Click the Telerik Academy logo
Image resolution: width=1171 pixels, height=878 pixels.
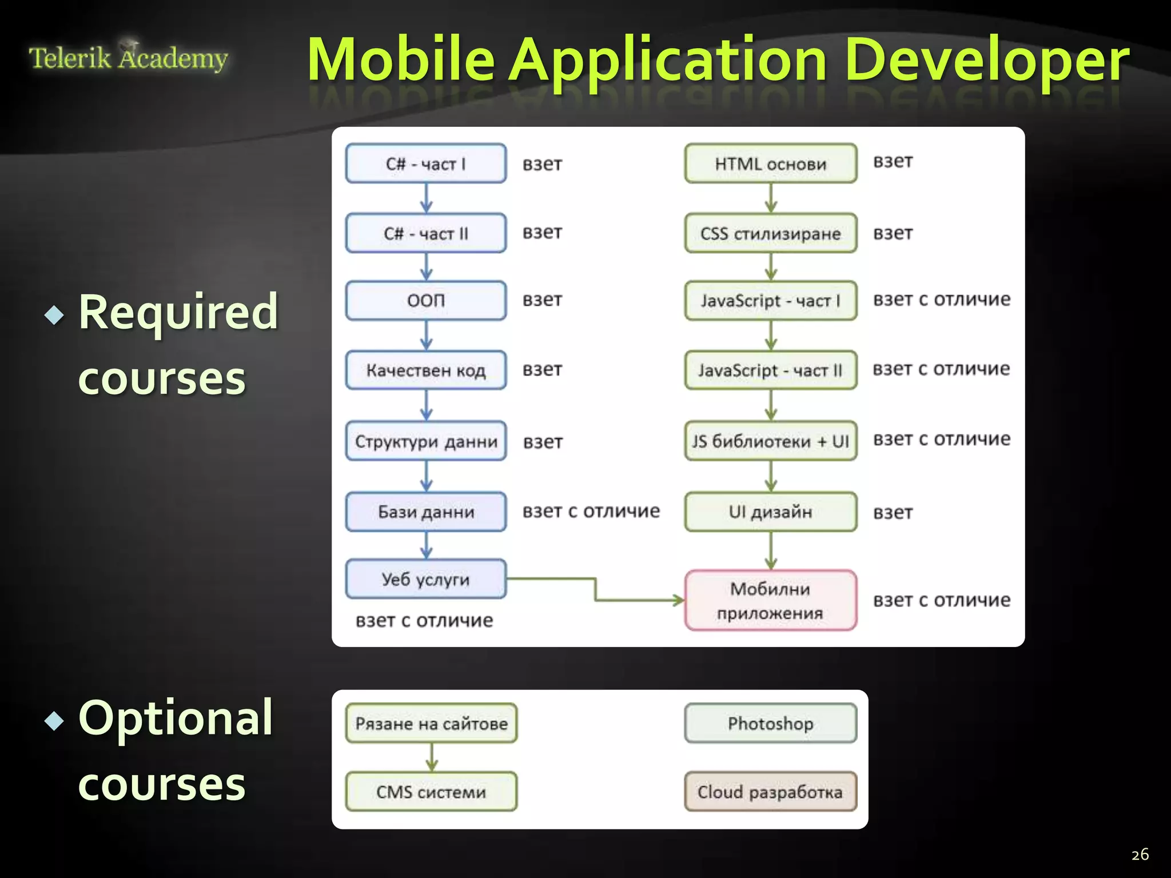[128, 57]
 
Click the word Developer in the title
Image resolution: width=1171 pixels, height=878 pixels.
[986, 59]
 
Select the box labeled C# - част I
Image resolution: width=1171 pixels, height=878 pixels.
[426, 163]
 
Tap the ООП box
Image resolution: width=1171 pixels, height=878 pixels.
[426, 300]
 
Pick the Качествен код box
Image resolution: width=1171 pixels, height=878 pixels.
[426, 370]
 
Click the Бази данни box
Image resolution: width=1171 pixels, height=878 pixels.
[426, 512]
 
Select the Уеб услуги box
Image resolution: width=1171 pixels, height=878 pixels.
[426, 579]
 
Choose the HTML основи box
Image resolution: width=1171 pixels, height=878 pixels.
[770, 163]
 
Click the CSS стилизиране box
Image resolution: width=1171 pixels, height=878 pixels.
[770, 233]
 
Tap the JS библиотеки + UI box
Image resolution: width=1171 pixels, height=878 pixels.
[770, 441]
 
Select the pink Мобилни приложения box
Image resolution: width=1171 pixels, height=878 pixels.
[770, 600]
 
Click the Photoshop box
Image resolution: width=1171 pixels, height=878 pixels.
[770, 723]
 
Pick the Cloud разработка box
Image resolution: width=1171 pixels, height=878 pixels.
[770, 792]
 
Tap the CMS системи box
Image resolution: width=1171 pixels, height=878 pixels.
[431, 792]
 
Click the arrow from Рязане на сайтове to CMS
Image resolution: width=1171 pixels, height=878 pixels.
[432, 757]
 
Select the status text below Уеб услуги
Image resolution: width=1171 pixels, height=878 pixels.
[424, 620]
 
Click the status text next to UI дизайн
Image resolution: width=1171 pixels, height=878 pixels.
[893, 513]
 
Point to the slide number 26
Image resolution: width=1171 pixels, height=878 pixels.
[1140, 855]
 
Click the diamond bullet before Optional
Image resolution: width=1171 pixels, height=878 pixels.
[54, 721]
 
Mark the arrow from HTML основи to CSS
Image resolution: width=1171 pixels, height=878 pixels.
[771, 198]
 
